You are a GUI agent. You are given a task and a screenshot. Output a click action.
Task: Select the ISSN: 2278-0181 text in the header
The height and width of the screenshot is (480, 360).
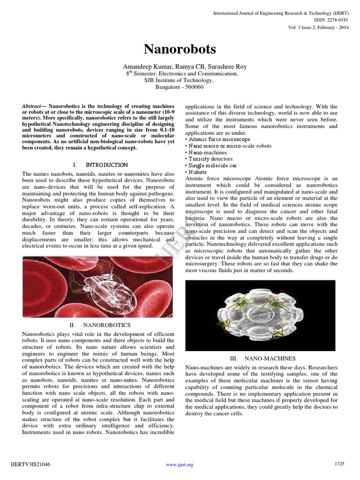[330, 20]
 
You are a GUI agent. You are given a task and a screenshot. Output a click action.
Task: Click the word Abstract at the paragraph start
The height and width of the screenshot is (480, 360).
[31, 106]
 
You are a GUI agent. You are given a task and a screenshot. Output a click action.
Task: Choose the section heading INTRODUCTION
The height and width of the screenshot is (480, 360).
[106, 165]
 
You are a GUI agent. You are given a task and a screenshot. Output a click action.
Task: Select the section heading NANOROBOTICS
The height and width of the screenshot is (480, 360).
[106, 324]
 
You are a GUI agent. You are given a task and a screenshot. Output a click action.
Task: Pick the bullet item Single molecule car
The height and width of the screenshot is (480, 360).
[212, 165]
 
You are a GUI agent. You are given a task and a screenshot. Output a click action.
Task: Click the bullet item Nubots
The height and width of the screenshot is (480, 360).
[197, 172]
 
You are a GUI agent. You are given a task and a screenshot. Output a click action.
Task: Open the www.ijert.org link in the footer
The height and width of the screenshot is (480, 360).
[180, 465]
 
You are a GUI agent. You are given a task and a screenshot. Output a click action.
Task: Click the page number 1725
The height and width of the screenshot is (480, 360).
[339, 464]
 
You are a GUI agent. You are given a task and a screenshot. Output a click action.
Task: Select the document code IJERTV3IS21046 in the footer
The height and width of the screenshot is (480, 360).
[30, 464]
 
